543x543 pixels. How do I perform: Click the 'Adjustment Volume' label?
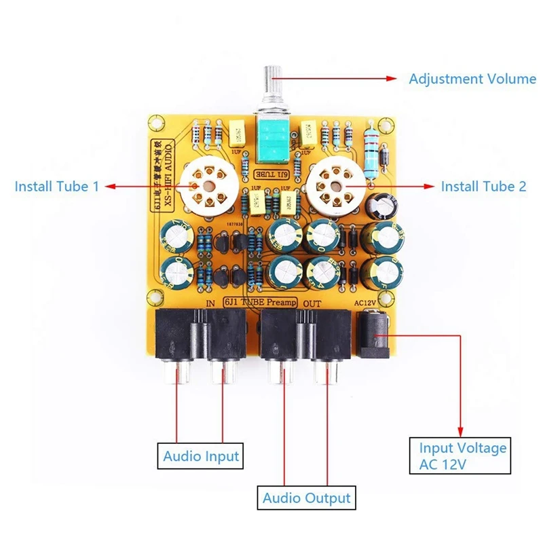(x=472, y=79)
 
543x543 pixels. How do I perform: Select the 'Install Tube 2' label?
(x=483, y=186)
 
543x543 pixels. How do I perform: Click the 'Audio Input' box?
(x=201, y=455)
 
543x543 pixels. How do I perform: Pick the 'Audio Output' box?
(x=307, y=498)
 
